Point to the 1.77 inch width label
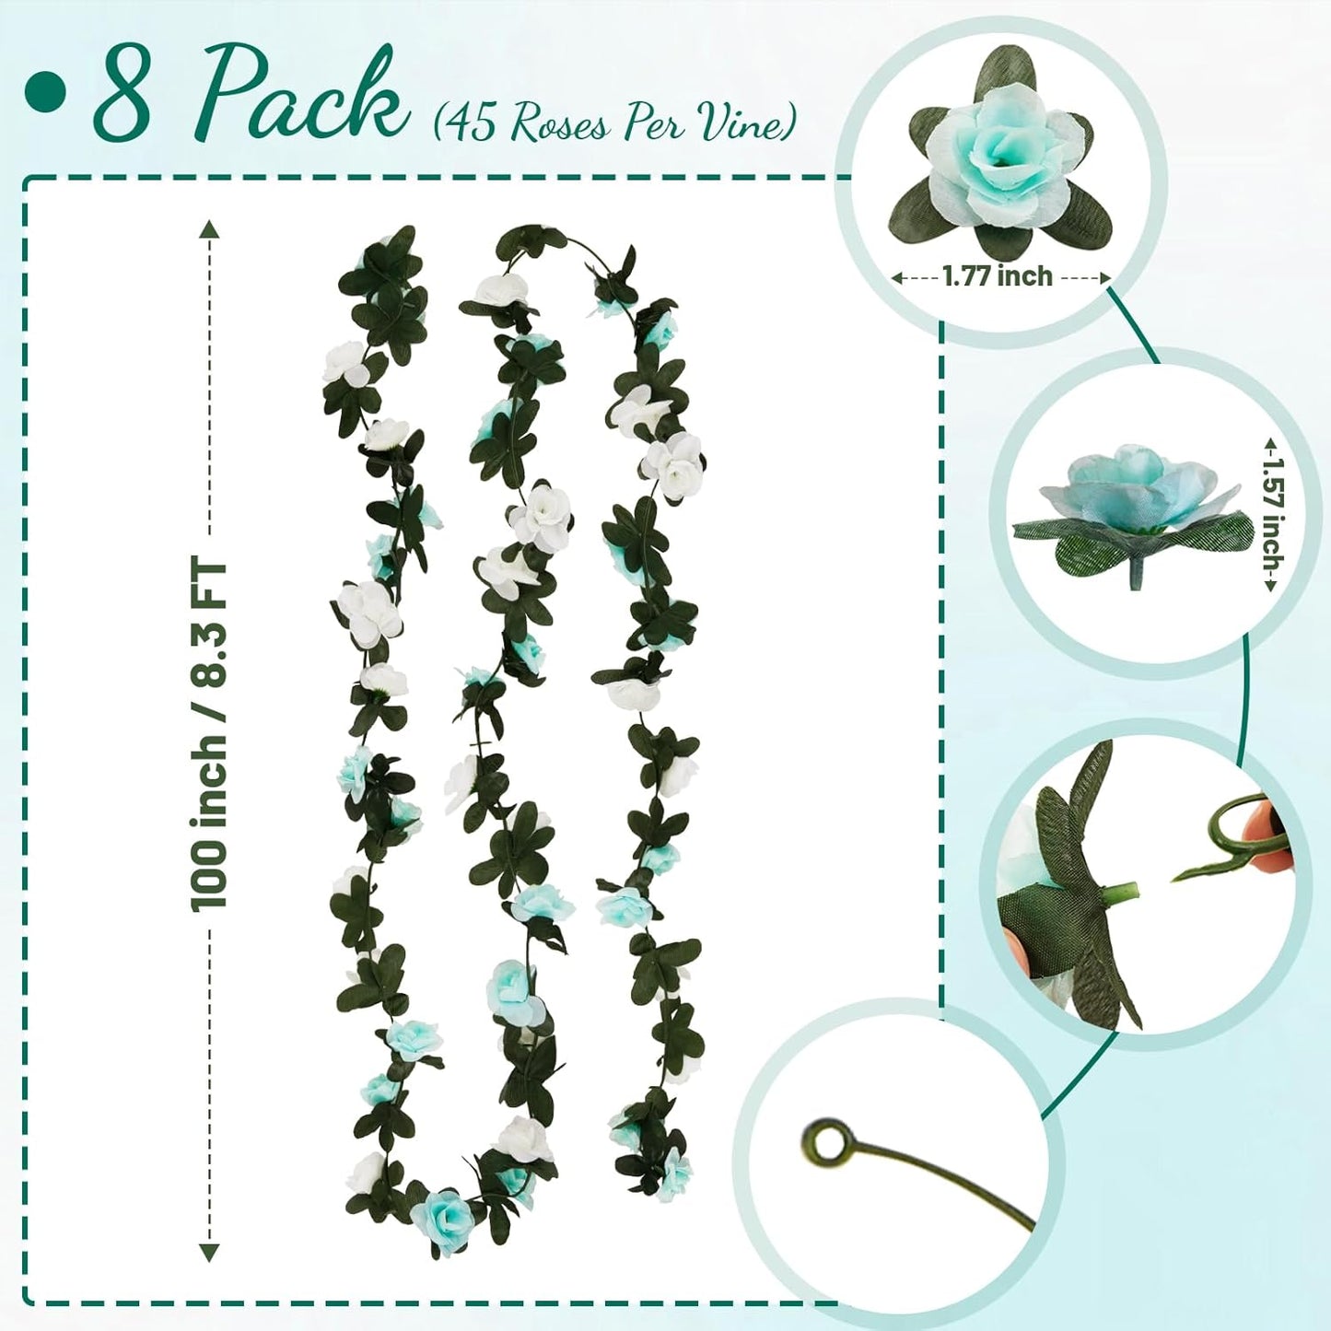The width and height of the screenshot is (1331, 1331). (x=997, y=275)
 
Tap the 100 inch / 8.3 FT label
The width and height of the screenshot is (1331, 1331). (x=210, y=737)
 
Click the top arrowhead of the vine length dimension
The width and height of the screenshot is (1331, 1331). (x=210, y=228)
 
